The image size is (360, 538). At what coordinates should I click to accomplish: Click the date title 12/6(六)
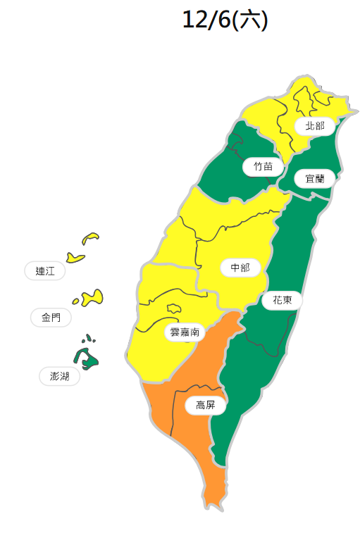tap(224, 20)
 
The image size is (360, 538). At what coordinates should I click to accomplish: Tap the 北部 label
tap(310, 126)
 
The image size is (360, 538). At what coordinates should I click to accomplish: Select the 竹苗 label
tap(263, 167)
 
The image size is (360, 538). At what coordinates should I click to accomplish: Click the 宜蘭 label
tap(314, 178)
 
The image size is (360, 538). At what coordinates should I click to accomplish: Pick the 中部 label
tap(240, 268)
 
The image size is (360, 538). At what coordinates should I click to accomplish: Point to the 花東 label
tap(282, 300)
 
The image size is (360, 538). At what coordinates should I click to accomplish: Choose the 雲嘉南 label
tap(185, 331)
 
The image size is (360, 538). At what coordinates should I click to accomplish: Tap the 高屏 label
tap(205, 405)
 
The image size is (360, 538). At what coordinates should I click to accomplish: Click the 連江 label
tap(45, 270)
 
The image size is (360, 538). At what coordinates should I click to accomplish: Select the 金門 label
tap(51, 318)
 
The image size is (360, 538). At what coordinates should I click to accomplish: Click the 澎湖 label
tap(59, 377)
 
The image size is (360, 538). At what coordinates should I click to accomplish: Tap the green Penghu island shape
tap(87, 358)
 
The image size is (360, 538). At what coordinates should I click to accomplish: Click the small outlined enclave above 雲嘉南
tap(174, 308)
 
